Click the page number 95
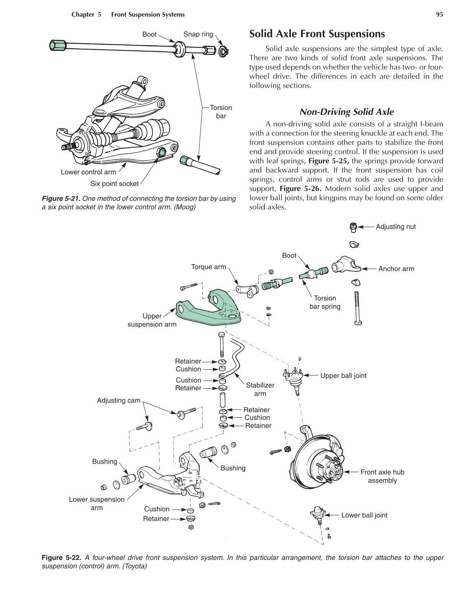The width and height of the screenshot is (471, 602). (439, 15)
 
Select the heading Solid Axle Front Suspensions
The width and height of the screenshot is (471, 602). (317, 34)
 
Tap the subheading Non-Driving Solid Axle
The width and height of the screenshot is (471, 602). (346, 112)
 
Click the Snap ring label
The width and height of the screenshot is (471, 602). (198, 34)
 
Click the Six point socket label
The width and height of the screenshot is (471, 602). (114, 184)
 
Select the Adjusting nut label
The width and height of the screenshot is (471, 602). (395, 227)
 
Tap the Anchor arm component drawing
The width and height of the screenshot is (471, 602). (345, 266)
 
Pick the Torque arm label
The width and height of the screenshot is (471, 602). (208, 267)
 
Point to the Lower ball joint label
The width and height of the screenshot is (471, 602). (364, 515)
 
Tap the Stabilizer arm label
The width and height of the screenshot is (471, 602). (260, 389)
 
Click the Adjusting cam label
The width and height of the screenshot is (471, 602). (119, 401)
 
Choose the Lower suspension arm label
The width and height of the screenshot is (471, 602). (97, 503)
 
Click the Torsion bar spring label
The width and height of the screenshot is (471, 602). (325, 302)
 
